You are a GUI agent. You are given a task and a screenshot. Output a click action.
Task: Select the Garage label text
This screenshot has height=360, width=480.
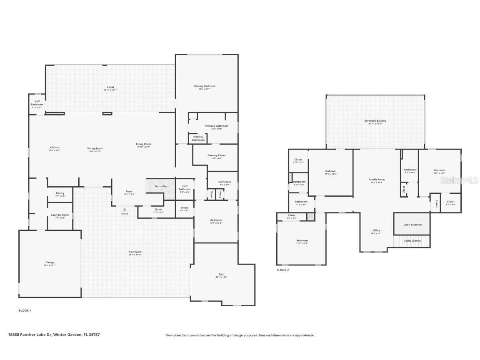point(50,262)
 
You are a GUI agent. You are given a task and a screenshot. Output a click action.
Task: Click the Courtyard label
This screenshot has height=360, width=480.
point(135,252)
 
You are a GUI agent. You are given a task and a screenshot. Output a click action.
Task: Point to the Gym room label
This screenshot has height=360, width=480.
point(221,274)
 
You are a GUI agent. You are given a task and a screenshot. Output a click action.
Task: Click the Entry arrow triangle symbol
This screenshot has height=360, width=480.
point(124,209)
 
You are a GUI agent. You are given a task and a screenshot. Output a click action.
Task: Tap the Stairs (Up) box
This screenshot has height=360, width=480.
point(160,186)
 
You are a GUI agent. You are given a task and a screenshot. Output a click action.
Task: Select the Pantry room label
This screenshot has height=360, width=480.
point(60,193)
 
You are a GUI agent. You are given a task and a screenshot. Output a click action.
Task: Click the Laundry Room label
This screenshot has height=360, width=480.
point(60,215)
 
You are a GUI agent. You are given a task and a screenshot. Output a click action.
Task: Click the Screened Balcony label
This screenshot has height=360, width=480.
point(375,121)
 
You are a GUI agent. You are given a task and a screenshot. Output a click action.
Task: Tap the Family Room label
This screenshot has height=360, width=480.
point(377,180)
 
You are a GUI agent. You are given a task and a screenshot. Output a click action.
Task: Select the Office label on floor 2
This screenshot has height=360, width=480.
point(376,230)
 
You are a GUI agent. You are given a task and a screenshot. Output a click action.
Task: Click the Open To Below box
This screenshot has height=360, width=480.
point(412,225)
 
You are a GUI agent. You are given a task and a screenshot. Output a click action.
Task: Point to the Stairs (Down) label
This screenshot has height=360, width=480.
point(412,241)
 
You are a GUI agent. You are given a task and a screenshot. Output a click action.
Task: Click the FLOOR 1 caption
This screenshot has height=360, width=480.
point(25,310)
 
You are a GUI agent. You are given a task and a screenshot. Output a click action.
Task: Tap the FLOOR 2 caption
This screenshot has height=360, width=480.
point(282,270)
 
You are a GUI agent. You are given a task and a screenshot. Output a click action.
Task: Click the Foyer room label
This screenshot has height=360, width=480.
point(129,192)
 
